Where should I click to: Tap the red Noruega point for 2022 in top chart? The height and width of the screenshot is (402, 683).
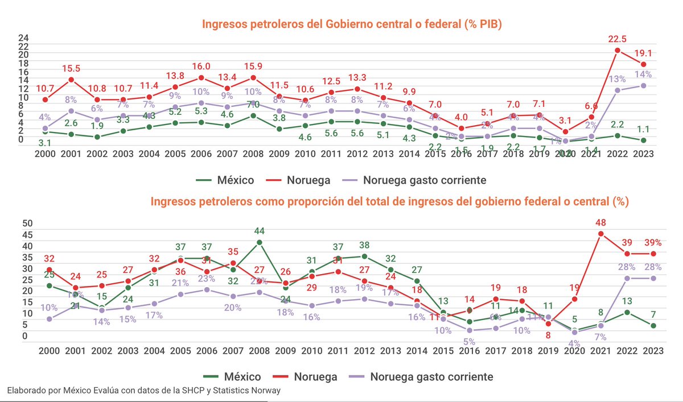tap(618, 50)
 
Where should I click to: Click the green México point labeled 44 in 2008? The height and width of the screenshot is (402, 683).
tap(260, 242)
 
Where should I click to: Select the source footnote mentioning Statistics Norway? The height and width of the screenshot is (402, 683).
tap(143, 391)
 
